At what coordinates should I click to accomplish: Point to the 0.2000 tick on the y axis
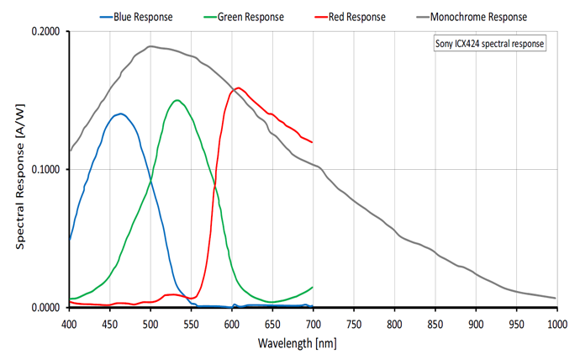[46, 32]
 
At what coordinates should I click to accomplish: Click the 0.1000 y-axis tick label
[46, 170]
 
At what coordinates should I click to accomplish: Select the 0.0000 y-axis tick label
[46, 308]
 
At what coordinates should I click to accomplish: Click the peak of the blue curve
[121, 114]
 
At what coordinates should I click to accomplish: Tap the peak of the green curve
[177, 100]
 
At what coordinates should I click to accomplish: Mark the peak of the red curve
[239, 87]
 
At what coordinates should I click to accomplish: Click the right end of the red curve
[312, 142]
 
